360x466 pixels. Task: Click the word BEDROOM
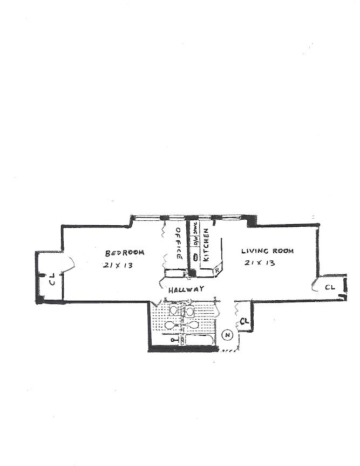(x=125, y=253)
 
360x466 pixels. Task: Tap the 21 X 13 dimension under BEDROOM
(x=117, y=266)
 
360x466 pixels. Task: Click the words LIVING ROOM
(x=268, y=251)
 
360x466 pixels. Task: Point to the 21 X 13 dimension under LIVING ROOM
(x=260, y=264)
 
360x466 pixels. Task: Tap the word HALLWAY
(x=186, y=289)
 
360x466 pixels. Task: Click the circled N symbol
(x=228, y=335)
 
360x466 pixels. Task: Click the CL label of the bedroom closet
(x=52, y=279)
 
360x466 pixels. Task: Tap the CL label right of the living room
(x=330, y=287)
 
